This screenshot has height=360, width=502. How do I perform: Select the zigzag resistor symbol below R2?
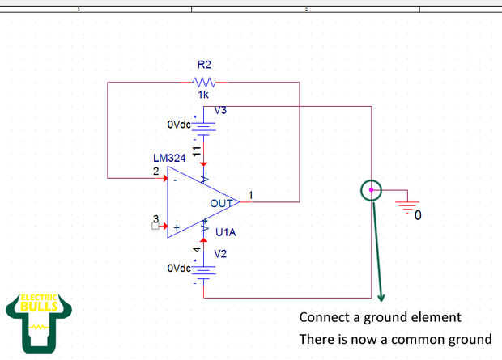tap(203, 82)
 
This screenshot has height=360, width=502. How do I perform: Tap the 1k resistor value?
tap(203, 95)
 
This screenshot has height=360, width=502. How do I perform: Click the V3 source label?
tap(221, 111)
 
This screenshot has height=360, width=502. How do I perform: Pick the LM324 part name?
tap(169, 158)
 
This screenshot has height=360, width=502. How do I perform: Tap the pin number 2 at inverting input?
tap(156, 171)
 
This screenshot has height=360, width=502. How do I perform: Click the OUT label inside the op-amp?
tap(221, 203)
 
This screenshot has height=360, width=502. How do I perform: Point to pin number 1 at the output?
tap(250, 195)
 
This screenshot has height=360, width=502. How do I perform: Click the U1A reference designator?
tap(226, 233)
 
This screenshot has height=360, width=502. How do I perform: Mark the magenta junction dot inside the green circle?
tap(371, 190)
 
